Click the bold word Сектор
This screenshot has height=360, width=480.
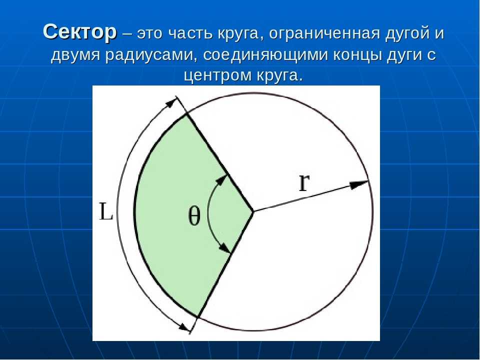[x=80, y=31]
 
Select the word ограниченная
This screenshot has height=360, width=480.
[x=324, y=33]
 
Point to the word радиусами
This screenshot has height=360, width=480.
[x=151, y=55]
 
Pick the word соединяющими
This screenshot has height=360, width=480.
[x=265, y=55]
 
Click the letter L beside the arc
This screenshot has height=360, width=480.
[x=106, y=212]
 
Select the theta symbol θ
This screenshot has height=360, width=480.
[x=194, y=215]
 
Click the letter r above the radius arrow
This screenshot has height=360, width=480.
[x=304, y=183]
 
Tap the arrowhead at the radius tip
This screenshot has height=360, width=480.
[x=359, y=184]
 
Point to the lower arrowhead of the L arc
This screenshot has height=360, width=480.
[x=184, y=326]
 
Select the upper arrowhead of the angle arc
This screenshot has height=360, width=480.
[x=222, y=180]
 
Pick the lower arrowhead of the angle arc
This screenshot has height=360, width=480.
[x=225, y=248]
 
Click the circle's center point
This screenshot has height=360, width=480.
[x=253, y=211]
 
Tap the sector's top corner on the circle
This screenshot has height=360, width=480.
[x=186, y=115]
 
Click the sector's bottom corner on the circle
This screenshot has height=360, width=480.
[x=198, y=316]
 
